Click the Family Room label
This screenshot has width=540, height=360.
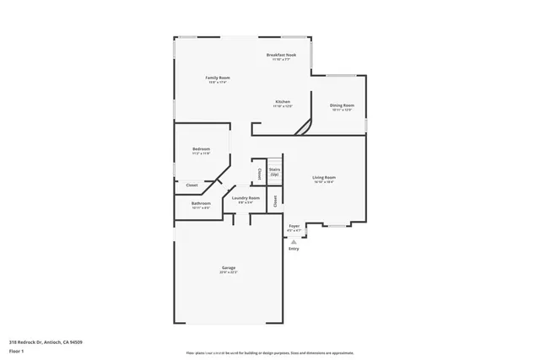click(x=217, y=78)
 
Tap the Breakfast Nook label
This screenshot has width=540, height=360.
click(x=281, y=55)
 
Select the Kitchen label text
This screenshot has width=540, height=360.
click(x=282, y=101)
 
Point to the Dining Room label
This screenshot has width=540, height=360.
click(x=342, y=105)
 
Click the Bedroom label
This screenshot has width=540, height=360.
click(x=201, y=149)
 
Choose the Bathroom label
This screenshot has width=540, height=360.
click(x=201, y=202)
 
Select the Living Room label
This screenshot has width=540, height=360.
click(x=324, y=177)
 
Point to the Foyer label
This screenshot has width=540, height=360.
click(x=294, y=226)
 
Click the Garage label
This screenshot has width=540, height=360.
click(x=229, y=267)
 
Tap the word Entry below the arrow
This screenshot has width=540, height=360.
click(x=294, y=249)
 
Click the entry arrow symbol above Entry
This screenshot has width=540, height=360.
click(x=294, y=240)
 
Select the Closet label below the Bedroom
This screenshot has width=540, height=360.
click(x=192, y=185)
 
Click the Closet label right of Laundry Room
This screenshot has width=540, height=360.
click(x=275, y=201)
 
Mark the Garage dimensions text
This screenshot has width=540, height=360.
click(x=229, y=272)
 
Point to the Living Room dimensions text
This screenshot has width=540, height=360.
click(x=324, y=182)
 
